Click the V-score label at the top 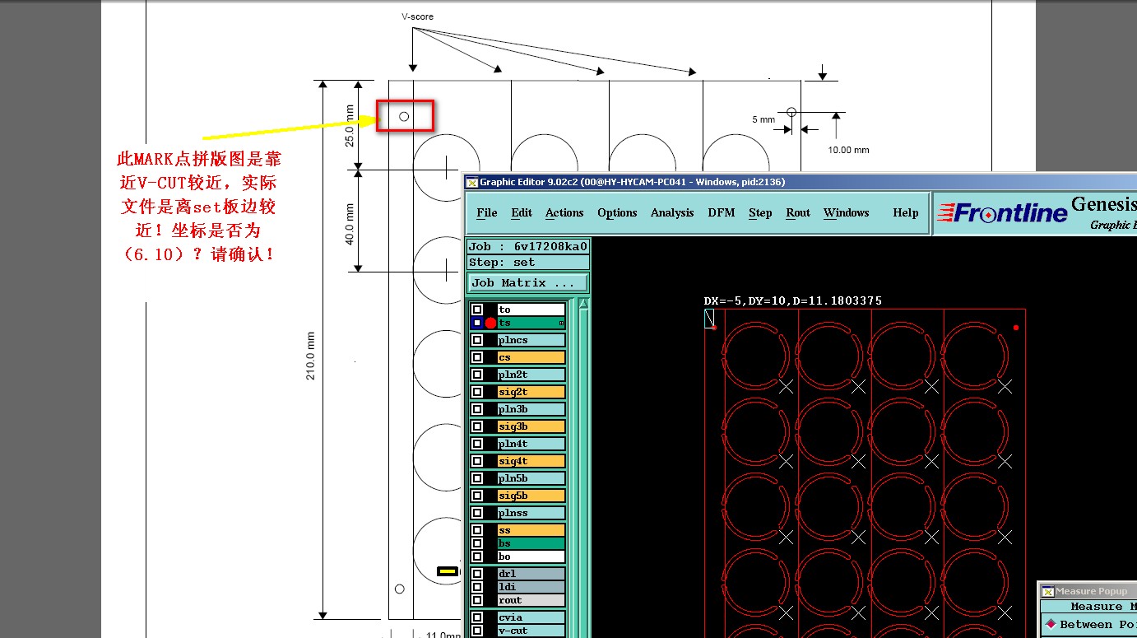coord(417,16)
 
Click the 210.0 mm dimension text coord(311,356)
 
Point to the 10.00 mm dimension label coord(848,150)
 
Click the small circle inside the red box coord(404,116)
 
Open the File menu coord(487,212)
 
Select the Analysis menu coord(672,212)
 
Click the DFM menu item coord(722,212)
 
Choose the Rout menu coord(798,212)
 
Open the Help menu coord(905,212)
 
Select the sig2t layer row coord(531,392)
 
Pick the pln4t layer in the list coord(531,444)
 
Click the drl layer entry coord(531,574)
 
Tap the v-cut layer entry coord(531,631)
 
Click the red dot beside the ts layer coord(491,324)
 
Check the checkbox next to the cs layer coord(477,357)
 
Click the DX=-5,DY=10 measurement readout coord(792,301)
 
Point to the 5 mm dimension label coord(763,119)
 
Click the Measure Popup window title coord(1091,591)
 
